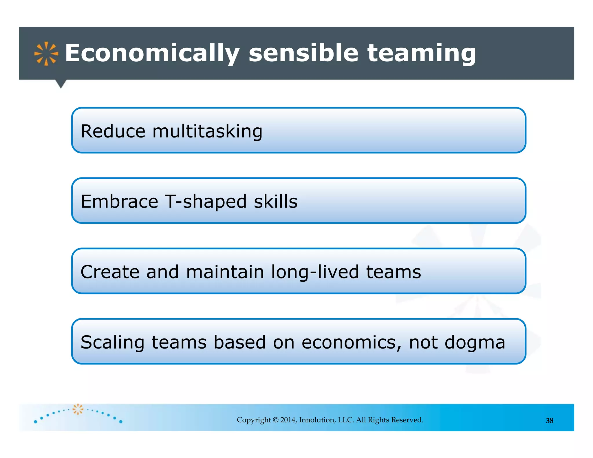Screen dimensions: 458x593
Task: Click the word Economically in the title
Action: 152,53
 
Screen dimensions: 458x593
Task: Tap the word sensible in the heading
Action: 303,53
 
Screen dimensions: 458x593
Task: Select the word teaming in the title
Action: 422,53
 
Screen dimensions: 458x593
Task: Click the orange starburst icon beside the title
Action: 46,54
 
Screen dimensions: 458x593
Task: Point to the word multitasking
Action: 207,131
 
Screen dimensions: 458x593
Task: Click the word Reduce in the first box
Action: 113,131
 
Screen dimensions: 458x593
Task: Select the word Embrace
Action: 119,201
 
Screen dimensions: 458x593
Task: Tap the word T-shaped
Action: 206,201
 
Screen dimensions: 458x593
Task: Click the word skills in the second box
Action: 276,201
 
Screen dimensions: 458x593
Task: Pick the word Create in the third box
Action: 110,272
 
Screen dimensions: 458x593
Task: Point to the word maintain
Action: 225,272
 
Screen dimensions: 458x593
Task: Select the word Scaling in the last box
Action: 112,342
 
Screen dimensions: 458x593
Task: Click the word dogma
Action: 475,342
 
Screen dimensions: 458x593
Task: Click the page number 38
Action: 549,421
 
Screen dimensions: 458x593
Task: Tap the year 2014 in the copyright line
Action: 288,420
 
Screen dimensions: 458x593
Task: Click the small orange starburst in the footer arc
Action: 78,409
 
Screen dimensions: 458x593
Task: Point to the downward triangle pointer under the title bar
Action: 61,84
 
